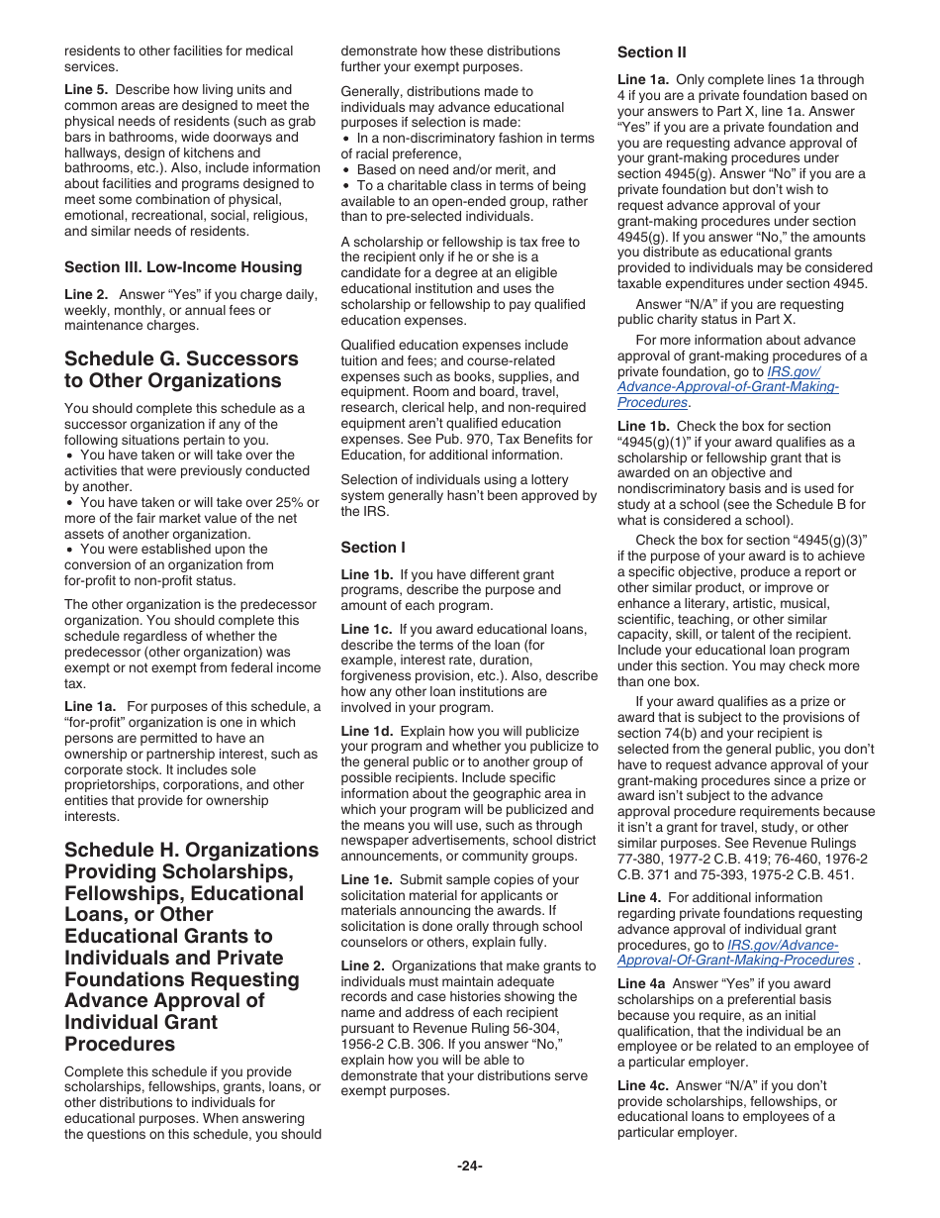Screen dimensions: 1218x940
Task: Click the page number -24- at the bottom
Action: (469, 1166)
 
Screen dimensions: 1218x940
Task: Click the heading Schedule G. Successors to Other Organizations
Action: (181, 369)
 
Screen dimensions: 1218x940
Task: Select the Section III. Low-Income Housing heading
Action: (183, 267)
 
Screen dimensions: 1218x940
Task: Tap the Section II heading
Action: (651, 52)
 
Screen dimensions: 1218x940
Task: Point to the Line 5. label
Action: (86, 90)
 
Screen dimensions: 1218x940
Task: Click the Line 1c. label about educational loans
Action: (366, 630)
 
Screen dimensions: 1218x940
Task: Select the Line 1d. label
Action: (366, 732)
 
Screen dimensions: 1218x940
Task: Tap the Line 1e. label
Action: (366, 880)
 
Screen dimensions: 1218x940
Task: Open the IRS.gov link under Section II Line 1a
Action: (727, 387)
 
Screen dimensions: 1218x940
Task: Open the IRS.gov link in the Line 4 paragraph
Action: (734, 953)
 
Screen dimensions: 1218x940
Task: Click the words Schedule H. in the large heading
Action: (122, 851)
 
